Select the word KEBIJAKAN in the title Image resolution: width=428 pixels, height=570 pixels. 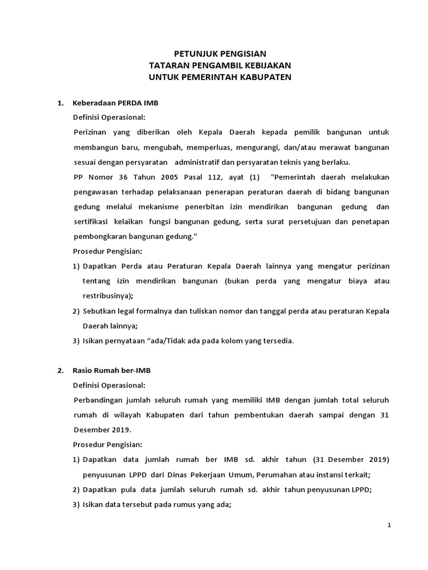coord(266,65)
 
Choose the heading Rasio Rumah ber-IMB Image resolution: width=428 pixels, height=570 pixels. coord(112,371)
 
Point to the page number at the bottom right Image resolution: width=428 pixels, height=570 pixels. coord(389,525)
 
